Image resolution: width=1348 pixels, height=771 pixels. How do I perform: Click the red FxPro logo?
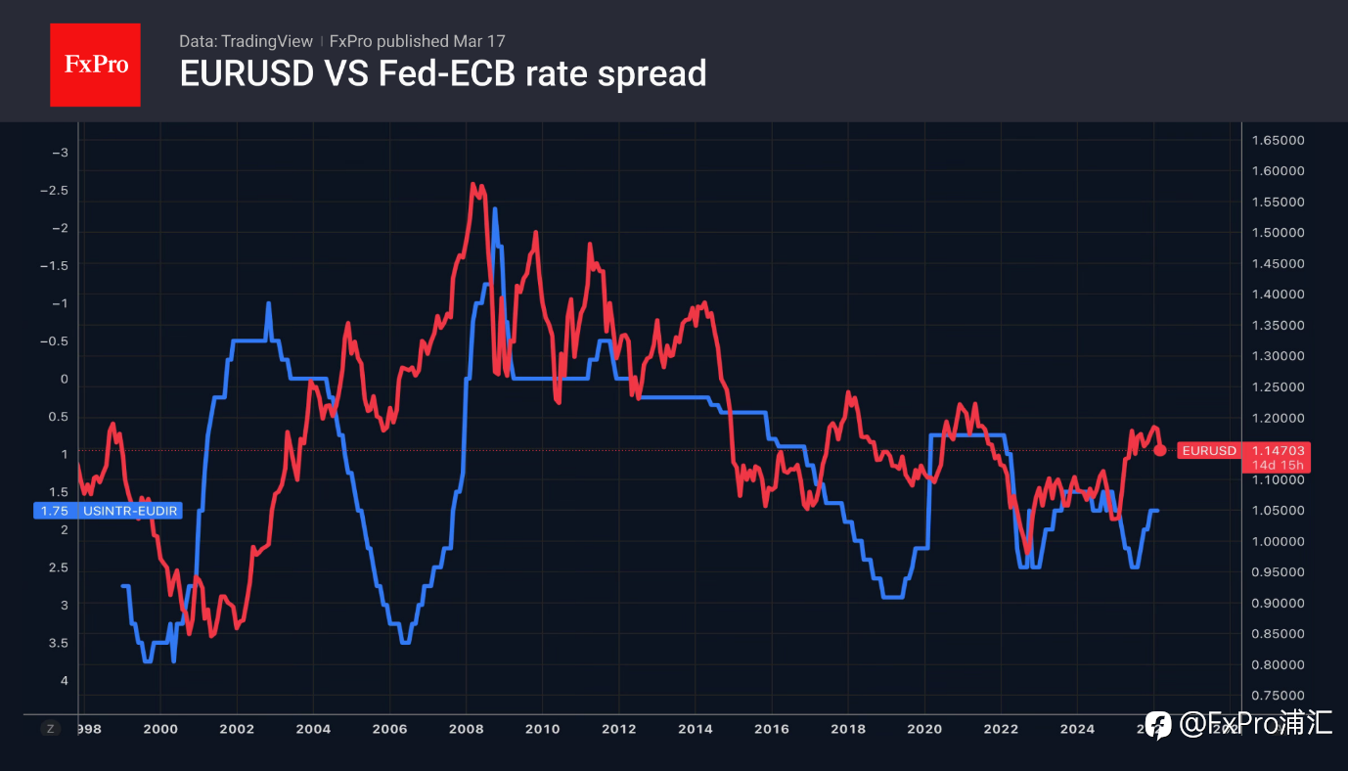pos(95,65)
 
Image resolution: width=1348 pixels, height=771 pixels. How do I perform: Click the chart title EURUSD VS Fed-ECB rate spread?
pos(442,73)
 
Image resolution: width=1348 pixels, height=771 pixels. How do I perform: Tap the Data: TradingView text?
pos(246,41)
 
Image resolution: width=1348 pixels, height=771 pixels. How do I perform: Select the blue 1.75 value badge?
pos(55,510)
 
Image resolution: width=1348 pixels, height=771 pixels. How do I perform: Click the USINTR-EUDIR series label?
pos(130,510)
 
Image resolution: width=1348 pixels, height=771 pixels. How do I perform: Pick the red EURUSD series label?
pos(1209,451)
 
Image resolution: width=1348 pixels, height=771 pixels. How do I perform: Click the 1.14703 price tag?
pos(1278,450)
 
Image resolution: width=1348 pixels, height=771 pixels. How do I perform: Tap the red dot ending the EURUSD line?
pos(1160,450)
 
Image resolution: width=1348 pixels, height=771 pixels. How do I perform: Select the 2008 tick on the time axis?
pos(466,729)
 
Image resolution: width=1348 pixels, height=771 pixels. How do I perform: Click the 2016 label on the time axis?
pos(771,729)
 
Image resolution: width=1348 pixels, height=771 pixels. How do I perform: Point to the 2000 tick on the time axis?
pos(160,729)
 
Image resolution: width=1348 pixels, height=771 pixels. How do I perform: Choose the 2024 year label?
pos(1077,729)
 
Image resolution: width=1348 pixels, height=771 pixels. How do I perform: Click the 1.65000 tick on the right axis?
pos(1278,140)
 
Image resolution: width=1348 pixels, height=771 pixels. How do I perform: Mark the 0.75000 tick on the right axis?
pos(1278,696)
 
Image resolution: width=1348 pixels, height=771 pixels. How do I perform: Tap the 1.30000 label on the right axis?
pos(1278,356)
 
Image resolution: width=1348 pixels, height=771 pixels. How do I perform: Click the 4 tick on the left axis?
pos(65,680)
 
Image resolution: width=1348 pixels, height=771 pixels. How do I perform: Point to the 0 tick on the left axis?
pos(65,379)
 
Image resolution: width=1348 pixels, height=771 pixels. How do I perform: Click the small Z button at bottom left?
pos(51,728)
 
